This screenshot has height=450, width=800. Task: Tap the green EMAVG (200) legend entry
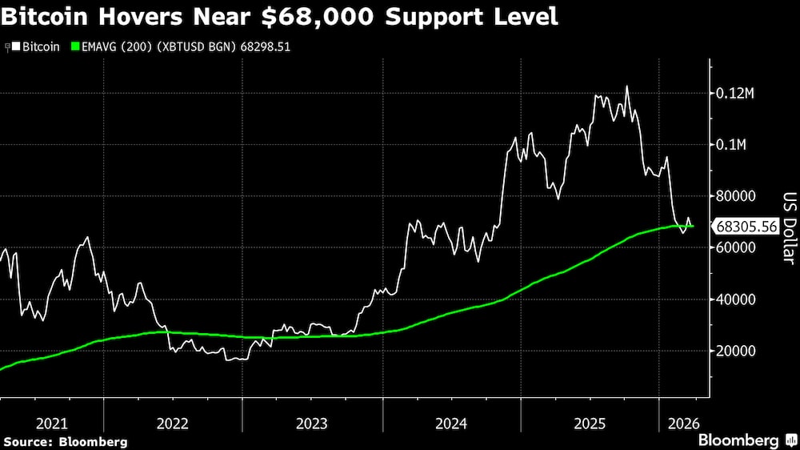point(116,47)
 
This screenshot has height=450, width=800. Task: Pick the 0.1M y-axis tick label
point(732,145)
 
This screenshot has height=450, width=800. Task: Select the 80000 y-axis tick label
point(735,196)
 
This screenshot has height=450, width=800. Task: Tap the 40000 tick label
point(735,299)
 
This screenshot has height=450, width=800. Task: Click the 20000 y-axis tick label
point(735,351)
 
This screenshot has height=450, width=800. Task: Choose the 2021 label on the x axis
point(52,422)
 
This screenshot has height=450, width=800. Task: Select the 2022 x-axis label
point(173,422)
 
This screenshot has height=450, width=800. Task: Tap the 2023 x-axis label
point(312,422)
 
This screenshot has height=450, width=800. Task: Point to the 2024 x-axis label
point(452,422)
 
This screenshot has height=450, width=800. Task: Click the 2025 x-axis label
point(590,422)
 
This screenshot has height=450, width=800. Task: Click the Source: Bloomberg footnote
point(66,441)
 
